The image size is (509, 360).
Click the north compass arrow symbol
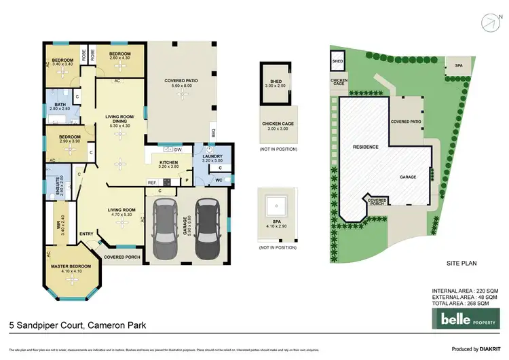pos(490,21)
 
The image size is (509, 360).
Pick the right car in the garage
pos(206,231)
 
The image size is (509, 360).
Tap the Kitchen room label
pos(168,163)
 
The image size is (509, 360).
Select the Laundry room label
pos(212,157)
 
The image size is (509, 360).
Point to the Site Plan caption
pos(462,262)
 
